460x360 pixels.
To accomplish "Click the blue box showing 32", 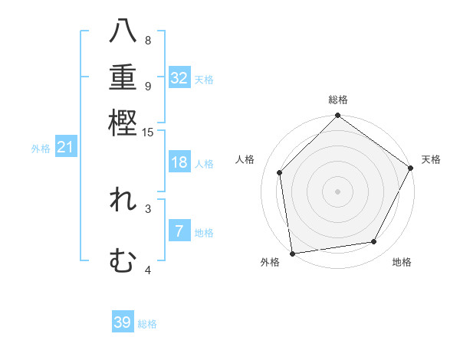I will pos(179,78).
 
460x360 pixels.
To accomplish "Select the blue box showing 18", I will pos(179,162).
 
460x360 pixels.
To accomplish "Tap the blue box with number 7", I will pos(179,231).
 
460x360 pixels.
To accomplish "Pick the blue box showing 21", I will pos(65,147).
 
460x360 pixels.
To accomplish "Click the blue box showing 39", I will pos(123,322).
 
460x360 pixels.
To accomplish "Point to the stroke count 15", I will pos(148,133).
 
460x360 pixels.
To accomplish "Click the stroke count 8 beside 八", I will pos(148,40).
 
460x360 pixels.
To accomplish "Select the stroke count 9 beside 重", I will pos(148,86).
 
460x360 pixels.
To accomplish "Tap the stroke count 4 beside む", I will pos(148,270).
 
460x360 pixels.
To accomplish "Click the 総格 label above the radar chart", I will pos(337,100).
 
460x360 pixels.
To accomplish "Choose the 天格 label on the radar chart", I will pos(431,159).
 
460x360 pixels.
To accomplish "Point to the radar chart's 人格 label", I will pos(245,159).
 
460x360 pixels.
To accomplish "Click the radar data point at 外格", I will pos(292,253).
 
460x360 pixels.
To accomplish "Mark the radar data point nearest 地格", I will pos(374,242).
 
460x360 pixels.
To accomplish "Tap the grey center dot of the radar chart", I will pos(337,191).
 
